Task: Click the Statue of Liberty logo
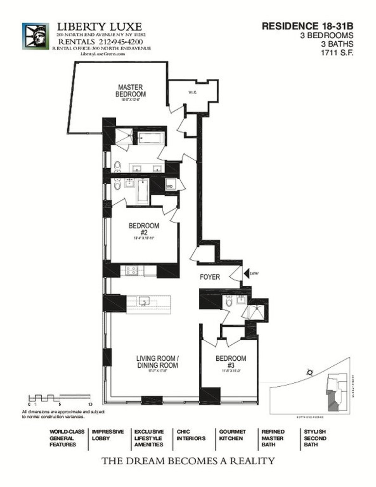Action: (35, 36)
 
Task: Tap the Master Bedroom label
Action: (130, 91)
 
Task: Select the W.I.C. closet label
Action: (193, 92)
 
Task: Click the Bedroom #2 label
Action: (144, 229)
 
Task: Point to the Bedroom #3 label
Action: (231, 362)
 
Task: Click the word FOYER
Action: (210, 277)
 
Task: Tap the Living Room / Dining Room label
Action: (157, 362)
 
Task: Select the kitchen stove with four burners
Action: (131, 270)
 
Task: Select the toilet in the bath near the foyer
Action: (229, 302)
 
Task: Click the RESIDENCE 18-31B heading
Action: (307, 26)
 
